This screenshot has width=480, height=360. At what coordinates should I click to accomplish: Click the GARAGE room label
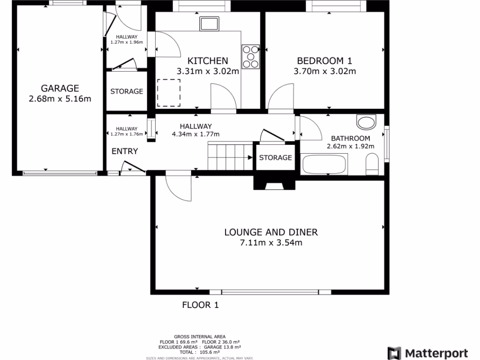click(x=60, y=88)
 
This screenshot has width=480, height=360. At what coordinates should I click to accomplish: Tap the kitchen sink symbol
click(x=209, y=23)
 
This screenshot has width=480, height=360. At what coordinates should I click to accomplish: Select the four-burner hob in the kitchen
click(x=251, y=56)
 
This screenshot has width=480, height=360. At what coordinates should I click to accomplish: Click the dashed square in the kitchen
click(x=168, y=92)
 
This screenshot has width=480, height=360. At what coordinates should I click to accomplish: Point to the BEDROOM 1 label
click(x=324, y=60)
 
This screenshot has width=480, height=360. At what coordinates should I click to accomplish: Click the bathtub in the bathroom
click(x=324, y=165)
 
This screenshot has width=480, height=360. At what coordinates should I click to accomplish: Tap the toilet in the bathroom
click(x=372, y=164)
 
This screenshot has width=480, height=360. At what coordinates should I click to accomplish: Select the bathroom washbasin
click(x=366, y=122)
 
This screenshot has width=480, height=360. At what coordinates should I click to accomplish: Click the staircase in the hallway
click(x=230, y=157)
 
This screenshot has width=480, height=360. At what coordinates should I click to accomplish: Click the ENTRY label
click(x=125, y=151)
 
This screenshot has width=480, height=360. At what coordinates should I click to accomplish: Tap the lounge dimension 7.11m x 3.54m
click(x=270, y=243)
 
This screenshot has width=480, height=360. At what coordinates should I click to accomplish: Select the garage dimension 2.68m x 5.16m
click(x=60, y=98)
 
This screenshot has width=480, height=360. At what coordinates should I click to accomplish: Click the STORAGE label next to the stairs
click(x=276, y=157)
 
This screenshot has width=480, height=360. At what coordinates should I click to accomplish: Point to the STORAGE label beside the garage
click(x=127, y=91)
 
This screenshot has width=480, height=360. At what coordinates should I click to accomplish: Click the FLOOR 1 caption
click(x=200, y=305)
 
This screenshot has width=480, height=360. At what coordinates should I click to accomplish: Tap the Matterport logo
click(x=428, y=353)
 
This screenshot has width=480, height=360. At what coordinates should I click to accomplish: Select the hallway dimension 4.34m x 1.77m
click(x=196, y=134)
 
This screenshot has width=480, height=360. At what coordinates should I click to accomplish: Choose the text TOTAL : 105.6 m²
click(x=200, y=352)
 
